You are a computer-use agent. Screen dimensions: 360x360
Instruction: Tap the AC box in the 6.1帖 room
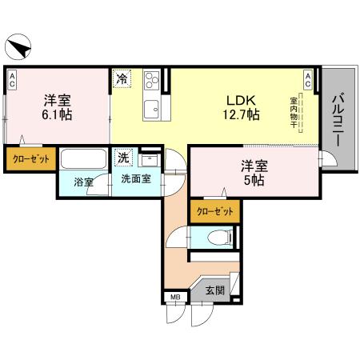[13, 78]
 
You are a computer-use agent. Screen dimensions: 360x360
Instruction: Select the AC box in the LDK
[308, 78]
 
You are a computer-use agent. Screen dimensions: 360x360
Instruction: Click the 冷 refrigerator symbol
[121, 79]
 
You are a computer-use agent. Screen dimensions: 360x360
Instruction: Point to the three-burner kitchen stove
[150, 82]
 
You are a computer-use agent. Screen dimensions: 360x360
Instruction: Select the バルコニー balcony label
[336, 117]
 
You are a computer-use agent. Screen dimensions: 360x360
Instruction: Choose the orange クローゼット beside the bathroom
[30, 159]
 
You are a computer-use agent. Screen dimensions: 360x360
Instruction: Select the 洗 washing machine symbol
[124, 157]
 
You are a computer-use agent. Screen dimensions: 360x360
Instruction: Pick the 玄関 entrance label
[214, 290]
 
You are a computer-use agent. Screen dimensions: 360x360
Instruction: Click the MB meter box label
[174, 299]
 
